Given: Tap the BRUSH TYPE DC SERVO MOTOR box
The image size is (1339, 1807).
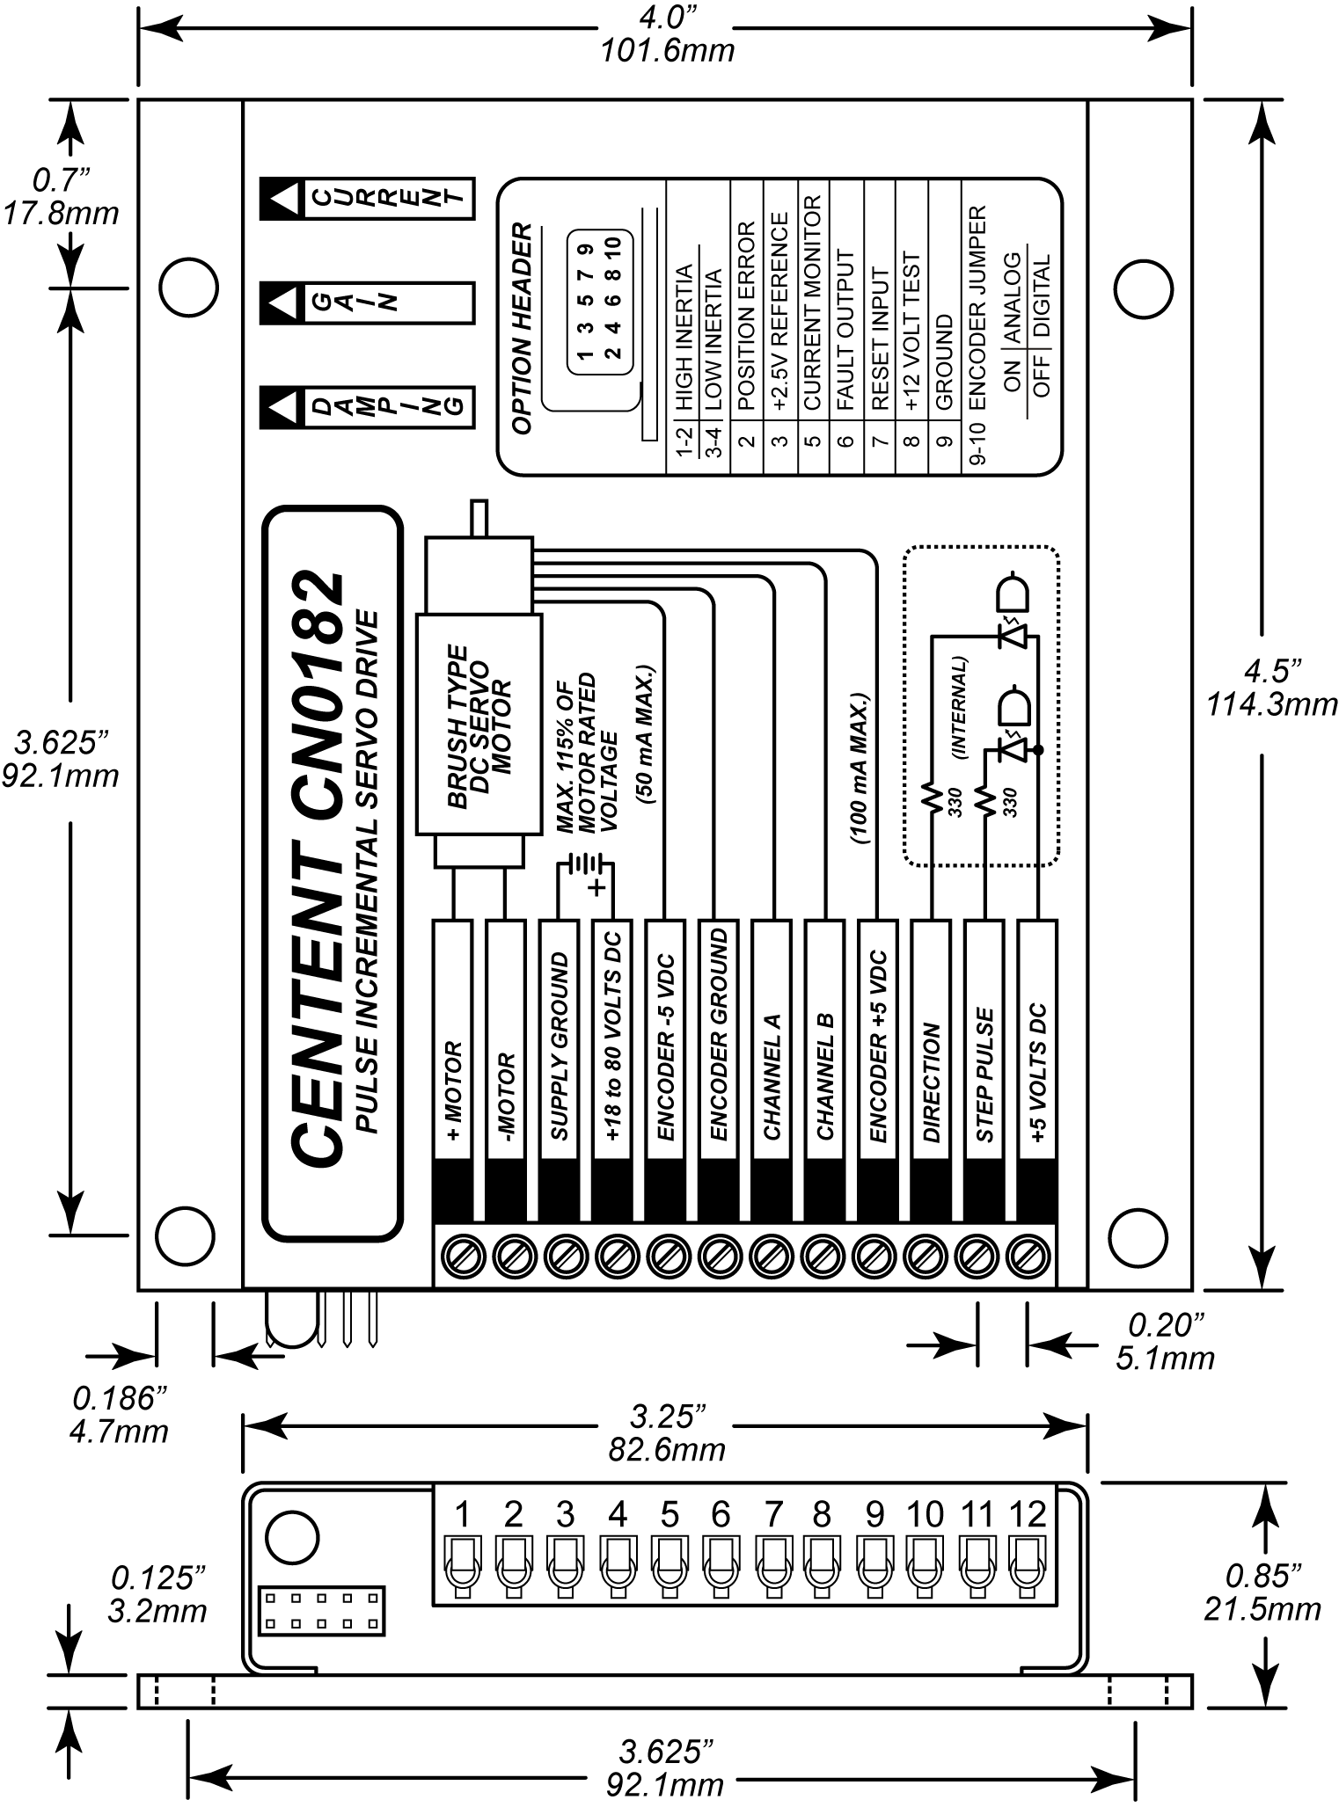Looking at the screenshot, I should pos(478,725).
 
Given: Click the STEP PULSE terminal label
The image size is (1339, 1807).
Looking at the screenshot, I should pos(985,1075).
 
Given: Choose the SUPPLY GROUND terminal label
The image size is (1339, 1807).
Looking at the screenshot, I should pos(560,1046).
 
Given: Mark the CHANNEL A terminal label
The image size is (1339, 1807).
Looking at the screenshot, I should pos(772,1077).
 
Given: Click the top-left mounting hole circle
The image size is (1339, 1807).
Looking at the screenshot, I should pos(188,287).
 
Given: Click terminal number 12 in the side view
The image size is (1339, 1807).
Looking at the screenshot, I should pos(1028,1514).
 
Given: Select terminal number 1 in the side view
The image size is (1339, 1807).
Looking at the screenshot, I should pos(462,1514).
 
